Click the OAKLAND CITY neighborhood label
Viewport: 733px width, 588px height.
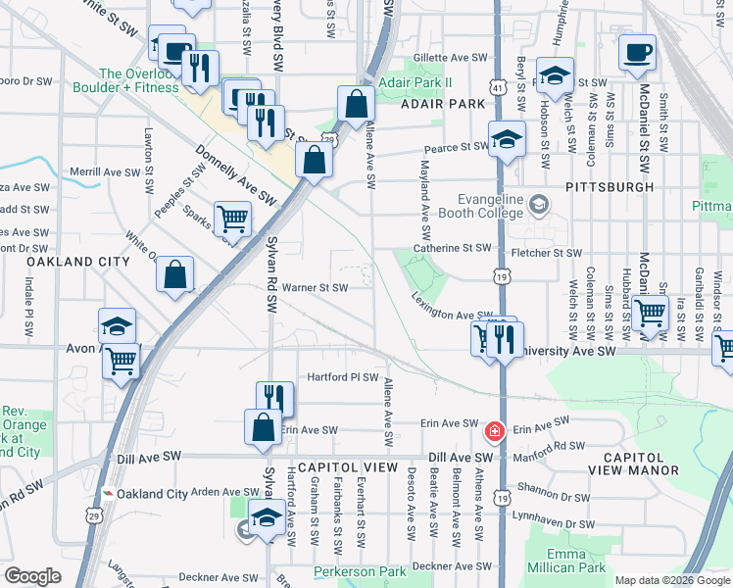tap(77, 263)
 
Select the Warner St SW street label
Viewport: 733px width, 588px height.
tap(315, 288)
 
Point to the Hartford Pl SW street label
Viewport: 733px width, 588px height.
tap(343, 377)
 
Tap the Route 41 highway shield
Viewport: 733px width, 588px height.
tap(499, 89)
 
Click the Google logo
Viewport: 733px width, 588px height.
tap(32, 576)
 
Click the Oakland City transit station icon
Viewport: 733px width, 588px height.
tap(107, 494)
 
